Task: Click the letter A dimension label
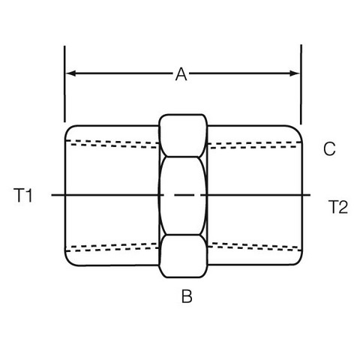click(x=181, y=74)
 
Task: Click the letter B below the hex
click(x=187, y=296)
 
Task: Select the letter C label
click(x=329, y=149)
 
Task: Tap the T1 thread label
click(x=23, y=196)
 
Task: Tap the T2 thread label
click(x=337, y=207)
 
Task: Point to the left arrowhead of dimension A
click(x=70, y=73)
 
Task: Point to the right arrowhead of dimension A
click(x=294, y=73)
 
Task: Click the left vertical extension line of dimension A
click(x=64, y=84)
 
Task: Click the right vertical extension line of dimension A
click(x=301, y=85)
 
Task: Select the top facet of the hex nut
click(x=183, y=136)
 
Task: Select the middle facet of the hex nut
click(x=183, y=196)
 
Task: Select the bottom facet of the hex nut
click(x=183, y=256)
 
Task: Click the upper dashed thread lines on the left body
click(x=112, y=144)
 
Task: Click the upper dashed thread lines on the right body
click(x=254, y=145)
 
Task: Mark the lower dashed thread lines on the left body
click(x=112, y=247)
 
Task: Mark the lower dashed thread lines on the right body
click(x=254, y=246)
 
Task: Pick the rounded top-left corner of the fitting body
click(x=69, y=129)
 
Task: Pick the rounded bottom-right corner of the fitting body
click(x=298, y=261)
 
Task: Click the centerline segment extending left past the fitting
click(x=58, y=195)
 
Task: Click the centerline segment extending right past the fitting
click(x=307, y=195)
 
